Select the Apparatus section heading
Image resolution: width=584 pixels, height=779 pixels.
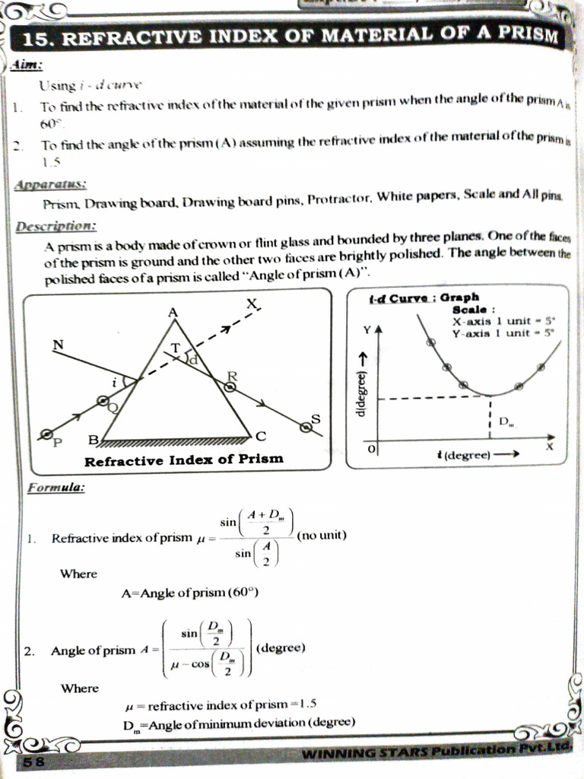[x=50, y=184]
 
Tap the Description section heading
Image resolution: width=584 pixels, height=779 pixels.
[x=55, y=227]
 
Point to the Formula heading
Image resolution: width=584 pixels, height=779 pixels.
[x=56, y=488]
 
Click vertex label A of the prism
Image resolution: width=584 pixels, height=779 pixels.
[x=172, y=311]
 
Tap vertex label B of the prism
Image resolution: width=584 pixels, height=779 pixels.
[x=93, y=439]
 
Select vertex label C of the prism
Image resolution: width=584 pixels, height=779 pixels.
[x=261, y=436]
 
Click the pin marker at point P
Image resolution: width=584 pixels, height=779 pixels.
[x=46, y=434]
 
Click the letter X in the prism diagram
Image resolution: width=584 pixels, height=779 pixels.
[x=252, y=304]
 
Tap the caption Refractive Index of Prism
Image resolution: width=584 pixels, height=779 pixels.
[x=183, y=459]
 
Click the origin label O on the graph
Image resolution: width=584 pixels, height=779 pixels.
[x=371, y=450]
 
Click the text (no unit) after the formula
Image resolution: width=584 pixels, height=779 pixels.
[x=322, y=536]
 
